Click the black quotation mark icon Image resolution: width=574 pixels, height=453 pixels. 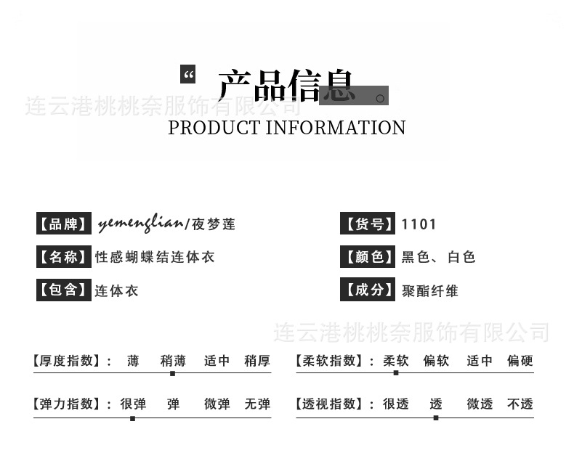188,74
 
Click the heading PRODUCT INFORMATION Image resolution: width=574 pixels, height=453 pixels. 287,128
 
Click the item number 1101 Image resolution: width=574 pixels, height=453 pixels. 419,224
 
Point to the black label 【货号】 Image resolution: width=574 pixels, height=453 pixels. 368,224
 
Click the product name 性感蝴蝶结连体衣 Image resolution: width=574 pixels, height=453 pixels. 155,257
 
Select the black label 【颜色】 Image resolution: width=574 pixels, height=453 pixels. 368,256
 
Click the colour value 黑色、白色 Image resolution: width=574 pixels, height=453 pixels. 438,257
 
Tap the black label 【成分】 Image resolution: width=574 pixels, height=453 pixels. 368,290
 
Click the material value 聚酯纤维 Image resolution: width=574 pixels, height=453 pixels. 430,290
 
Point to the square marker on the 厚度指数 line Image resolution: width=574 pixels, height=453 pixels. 172,373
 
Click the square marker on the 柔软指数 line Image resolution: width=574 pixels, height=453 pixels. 395,373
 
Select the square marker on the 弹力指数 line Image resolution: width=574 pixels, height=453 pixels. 132,418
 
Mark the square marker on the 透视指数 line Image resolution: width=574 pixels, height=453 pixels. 436,418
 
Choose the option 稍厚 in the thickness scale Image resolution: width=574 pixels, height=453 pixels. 257,361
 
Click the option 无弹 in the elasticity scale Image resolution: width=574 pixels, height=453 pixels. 257,404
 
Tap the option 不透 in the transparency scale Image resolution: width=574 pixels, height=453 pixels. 520,404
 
